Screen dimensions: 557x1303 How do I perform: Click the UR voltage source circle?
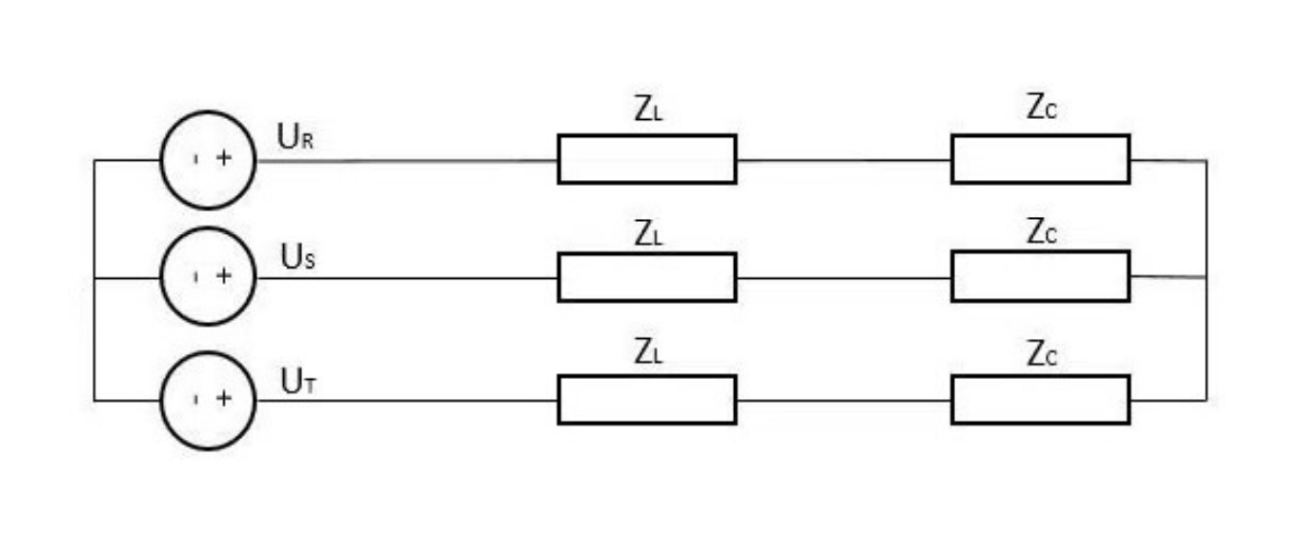coord(208,159)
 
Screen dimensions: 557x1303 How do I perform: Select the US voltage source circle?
coord(208,277)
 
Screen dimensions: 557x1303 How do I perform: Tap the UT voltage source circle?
coord(208,400)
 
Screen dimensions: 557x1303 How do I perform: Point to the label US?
coord(295,257)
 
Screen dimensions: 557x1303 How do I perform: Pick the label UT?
coord(295,381)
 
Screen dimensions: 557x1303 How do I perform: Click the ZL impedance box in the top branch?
coord(646,159)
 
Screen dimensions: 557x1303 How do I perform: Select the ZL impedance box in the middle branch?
coord(646,277)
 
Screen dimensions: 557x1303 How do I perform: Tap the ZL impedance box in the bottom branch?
coord(646,400)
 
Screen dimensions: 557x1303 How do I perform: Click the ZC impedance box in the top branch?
coord(1040,159)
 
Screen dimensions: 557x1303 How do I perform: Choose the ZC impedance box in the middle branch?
coord(1040,276)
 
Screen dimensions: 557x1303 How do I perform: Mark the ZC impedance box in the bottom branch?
coord(1040,400)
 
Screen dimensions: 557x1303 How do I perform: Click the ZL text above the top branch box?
coord(648,110)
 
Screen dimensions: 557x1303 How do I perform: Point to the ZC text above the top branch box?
coord(1042,109)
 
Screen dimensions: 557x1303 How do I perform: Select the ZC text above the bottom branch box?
coord(1042,354)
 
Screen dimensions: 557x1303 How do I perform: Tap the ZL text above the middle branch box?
coord(648,234)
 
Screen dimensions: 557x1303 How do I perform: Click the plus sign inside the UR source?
coord(224,159)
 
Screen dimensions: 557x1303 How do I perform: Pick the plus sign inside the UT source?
coord(224,399)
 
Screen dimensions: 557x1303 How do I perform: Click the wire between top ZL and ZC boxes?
coord(844,160)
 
